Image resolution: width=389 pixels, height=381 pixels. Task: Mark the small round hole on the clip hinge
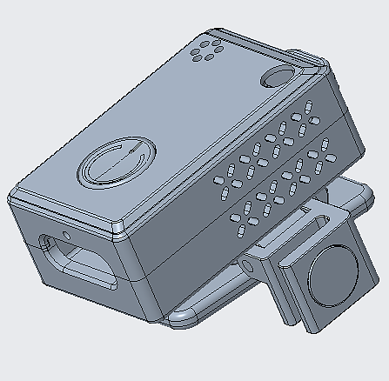[x=250, y=262]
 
